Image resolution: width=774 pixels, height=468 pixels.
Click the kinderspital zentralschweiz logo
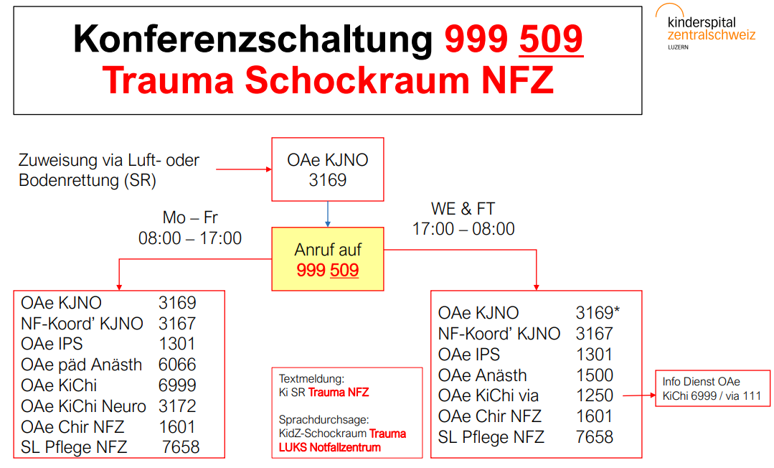click(x=706, y=27)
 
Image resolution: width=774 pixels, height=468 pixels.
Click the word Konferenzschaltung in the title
click(x=253, y=39)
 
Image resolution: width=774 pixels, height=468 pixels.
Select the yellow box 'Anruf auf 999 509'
click(x=328, y=259)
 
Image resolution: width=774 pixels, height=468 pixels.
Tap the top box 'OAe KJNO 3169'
click(x=328, y=169)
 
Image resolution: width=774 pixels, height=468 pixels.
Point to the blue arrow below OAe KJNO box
click(x=328, y=214)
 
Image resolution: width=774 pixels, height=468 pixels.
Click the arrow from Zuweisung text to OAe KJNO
click(x=244, y=169)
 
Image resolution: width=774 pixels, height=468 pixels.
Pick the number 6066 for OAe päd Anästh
click(x=177, y=365)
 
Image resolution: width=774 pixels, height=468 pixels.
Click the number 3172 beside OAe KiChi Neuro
click(x=177, y=406)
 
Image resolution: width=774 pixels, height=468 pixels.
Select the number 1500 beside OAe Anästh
click(x=595, y=375)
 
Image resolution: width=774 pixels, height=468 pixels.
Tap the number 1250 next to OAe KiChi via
click(x=595, y=396)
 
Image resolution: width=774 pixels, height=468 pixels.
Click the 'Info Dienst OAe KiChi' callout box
click(x=712, y=388)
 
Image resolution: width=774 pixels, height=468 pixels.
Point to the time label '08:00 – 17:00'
click(x=190, y=238)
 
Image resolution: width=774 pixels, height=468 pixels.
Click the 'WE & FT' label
click(x=463, y=209)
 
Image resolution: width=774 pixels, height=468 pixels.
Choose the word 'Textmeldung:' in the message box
click(x=311, y=379)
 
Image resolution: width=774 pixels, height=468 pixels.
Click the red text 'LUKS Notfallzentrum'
click(x=330, y=448)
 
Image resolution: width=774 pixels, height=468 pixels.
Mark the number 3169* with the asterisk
click(x=598, y=313)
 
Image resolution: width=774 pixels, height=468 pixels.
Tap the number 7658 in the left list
click(x=181, y=447)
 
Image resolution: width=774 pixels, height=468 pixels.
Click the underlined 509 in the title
click(x=552, y=39)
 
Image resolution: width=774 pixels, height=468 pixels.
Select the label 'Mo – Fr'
click(x=190, y=217)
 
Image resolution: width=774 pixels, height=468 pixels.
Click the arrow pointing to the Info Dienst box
click(x=639, y=396)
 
